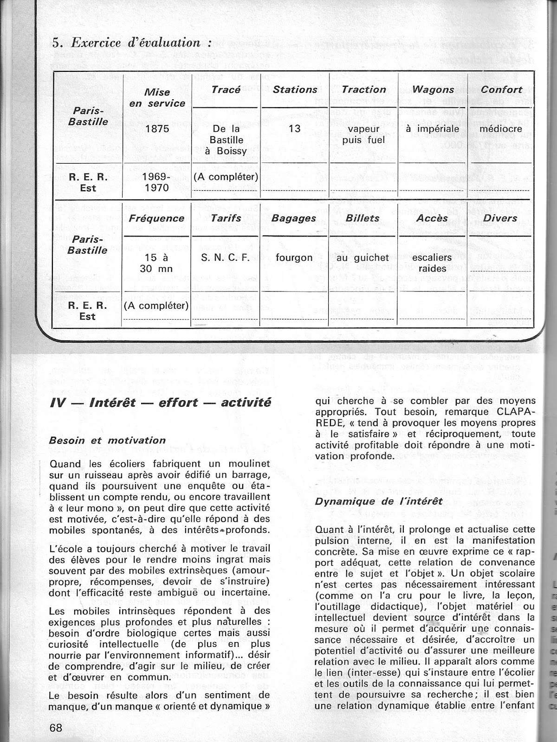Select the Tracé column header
(x=225, y=90)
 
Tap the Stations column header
(x=295, y=90)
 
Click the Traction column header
(x=364, y=90)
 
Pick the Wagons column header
(x=433, y=90)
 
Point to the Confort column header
(x=501, y=90)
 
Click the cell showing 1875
(x=157, y=129)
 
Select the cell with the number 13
(x=295, y=128)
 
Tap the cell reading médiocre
(x=501, y=128)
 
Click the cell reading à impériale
(x=433, y=128)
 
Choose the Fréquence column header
(x=157, y=218)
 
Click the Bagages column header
(x=294, y=218)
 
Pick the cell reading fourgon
(x=294, y=257)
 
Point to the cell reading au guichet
(x=363, y=257)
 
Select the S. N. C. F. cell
(x=226, y=257)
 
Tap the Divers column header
(x=500, y=218)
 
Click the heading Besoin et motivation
(x=107, y=440)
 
